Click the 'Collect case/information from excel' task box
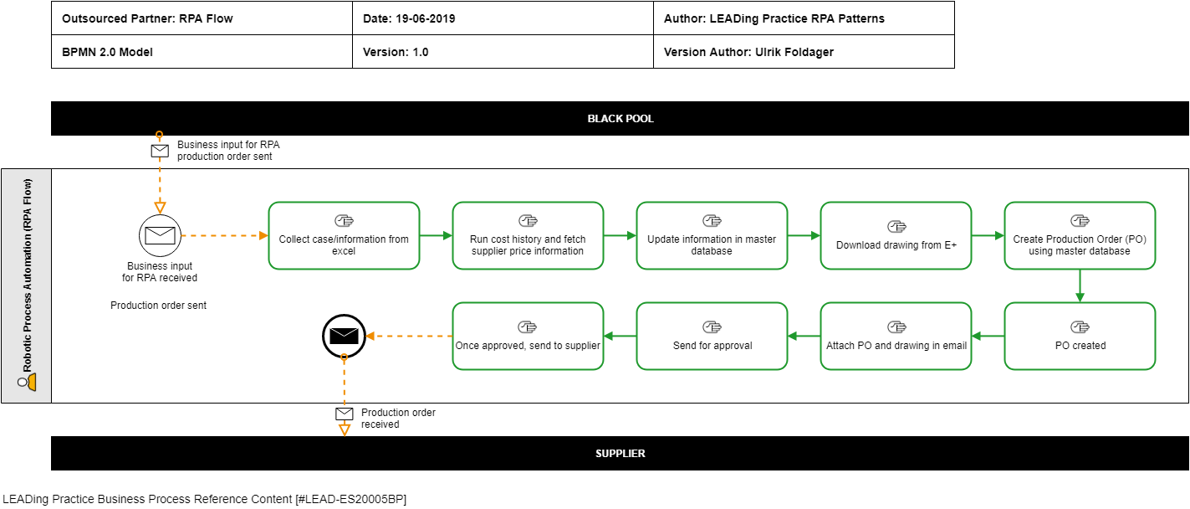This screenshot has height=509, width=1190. tap(344, 235)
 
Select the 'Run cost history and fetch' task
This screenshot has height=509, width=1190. tap(528, 235)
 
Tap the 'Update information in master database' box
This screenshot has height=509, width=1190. tap(712, 235)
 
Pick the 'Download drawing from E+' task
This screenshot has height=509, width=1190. tap(896, 235)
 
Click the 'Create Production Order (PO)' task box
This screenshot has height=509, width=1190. tap(1080, 235)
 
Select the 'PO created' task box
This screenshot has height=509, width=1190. tap(1080, 337)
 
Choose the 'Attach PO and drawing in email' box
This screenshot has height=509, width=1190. tap(896, 337)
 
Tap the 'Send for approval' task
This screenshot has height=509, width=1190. tap(712, 337)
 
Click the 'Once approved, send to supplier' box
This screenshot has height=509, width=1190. tap(528, 337)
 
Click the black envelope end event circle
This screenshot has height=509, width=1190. tap(344, 337)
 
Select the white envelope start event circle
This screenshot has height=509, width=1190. tap(160, 235)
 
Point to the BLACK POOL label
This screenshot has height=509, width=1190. tap(620, 119)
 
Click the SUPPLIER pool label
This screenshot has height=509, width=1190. tap(620, 454)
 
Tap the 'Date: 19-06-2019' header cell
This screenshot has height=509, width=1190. tap(503, 18)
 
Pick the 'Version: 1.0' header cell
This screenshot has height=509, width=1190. tap(503, 52)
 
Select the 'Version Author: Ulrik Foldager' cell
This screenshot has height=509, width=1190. tap(804, 52)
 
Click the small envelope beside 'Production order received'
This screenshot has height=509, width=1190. tap(345, 414)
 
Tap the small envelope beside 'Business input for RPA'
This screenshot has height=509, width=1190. tap(160, 151)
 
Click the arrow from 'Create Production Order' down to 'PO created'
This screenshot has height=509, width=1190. tap(1080, 285)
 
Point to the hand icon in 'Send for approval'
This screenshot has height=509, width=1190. tap(712, 326)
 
